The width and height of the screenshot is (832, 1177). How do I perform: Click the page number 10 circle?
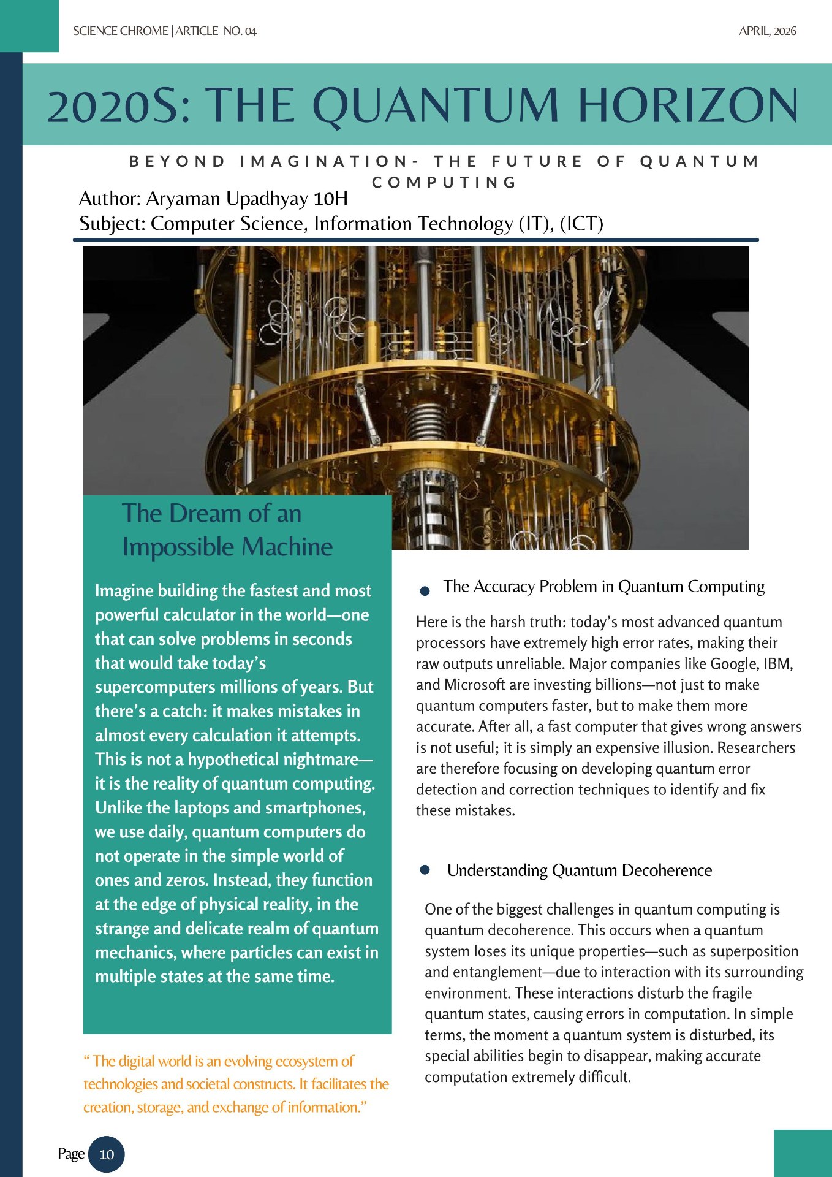(x=107, y=1154)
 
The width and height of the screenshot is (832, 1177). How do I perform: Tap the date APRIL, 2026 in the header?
(x=767, y=31)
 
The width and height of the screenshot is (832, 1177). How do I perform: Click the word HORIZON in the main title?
(x=688, y=105)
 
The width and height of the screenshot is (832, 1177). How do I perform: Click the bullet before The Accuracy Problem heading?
(x=425, y=591)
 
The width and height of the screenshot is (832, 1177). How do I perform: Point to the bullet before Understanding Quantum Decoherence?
(x=425, y=870)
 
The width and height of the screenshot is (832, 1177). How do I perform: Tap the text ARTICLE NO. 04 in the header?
(x=216, y=31)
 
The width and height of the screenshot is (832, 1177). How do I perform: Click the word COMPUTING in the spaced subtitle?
(x=444, y=182)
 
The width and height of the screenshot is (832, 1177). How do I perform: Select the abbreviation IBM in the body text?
(x=777, y=664)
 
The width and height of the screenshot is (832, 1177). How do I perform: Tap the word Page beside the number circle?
(x=70, y=1154)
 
